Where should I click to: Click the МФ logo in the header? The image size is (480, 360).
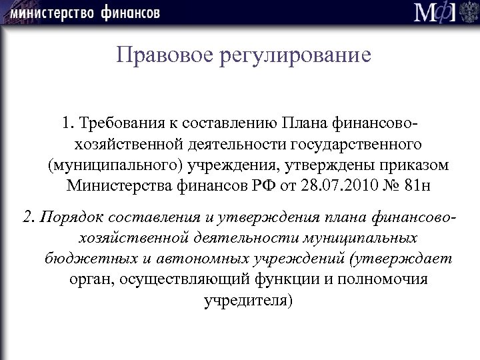[x=437, y=13]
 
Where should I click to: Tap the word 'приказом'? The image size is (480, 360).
[x=420, y=165]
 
